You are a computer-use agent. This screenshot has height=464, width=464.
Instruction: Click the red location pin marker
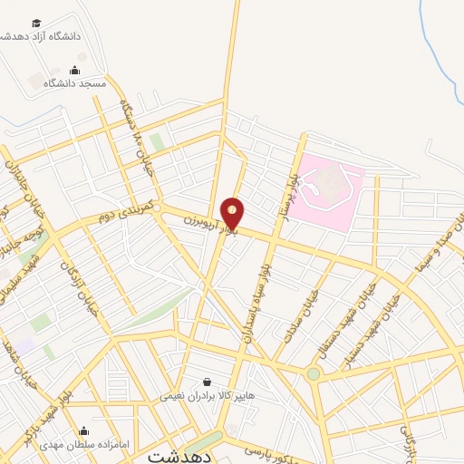click(x=233, y=213)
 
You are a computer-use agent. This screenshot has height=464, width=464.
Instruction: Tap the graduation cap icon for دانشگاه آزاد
click(x=36, y=24)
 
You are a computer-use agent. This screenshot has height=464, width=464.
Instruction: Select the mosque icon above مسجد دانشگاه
click(x=75, y=70)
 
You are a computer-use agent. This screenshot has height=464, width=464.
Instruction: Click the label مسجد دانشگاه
click(x=79, y=83)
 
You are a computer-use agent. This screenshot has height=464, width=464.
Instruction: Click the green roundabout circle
click(x=314, y=373)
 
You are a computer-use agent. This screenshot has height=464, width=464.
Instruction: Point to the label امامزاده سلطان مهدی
click(x=84, y=445)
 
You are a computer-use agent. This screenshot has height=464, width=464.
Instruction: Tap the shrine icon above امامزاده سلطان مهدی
click(x=84, y=431)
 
